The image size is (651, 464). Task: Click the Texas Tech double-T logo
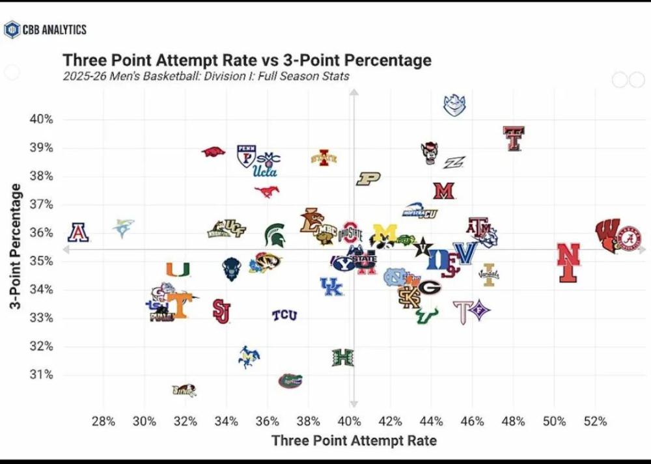point(514,138)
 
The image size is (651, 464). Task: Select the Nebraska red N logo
point(568,262)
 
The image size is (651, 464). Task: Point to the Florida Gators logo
point(290,380)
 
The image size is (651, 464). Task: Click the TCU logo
point(284,316)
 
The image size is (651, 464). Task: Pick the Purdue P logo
point(368,179)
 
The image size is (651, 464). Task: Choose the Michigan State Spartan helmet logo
point(274,234)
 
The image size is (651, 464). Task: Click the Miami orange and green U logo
point(178,268)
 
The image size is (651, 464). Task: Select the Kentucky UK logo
point(331,286)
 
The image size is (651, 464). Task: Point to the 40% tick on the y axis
point(40,120)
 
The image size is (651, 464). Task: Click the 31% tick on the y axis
point(40,375)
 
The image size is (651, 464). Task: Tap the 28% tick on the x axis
point(104,421)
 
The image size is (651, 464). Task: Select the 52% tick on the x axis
point(595,421)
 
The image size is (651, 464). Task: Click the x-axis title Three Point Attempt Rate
point(353,441)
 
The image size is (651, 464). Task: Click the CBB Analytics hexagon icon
point(11,29)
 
